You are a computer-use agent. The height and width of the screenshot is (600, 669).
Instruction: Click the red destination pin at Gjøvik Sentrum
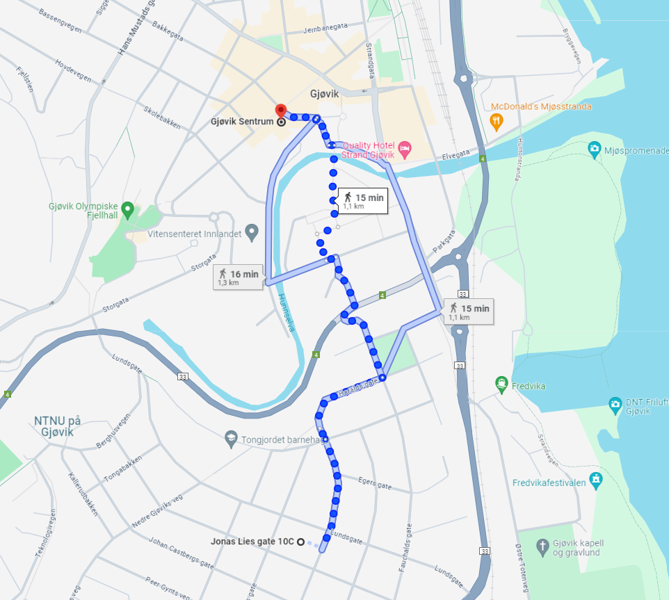(x=281, y=111)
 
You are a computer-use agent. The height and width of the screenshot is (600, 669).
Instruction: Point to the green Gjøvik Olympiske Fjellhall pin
(x=127, y=209)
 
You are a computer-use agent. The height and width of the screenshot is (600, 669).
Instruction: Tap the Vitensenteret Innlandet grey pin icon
(x=252, y=231)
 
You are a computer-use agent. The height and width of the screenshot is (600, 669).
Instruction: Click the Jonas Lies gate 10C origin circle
(x=300, y=542)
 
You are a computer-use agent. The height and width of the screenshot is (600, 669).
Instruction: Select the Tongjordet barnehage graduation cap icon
(x=231, y=439)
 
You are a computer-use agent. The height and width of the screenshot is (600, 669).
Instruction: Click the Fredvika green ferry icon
(x=501, y=384)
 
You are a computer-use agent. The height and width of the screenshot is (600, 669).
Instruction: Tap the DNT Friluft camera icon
(x=615, y=404)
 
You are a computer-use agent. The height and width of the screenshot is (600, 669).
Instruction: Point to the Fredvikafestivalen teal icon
(x=595, y=479)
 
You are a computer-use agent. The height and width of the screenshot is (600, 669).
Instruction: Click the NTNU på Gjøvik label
(x=58, y=425)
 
